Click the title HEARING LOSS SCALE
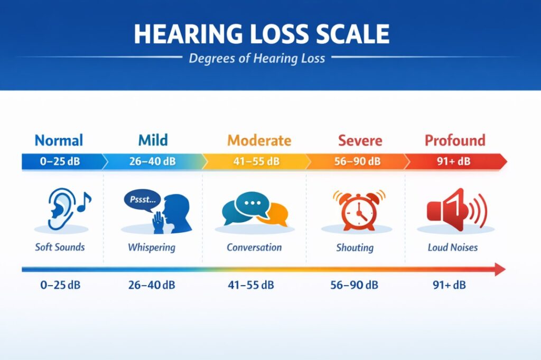click(262, 34)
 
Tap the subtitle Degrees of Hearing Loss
click(257, 58)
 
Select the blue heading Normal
click(59, 140)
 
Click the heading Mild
click(153, 140)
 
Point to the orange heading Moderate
click(259, 140)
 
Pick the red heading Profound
click(455, 140)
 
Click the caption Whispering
click(151, 247)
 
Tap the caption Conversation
click(254, 247)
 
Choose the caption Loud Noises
click(452, 247)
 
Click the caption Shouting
click(355, 247)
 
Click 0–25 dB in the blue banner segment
click(60, 161)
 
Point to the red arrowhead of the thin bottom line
click(499, 270)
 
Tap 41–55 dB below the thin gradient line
click(251, 286)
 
